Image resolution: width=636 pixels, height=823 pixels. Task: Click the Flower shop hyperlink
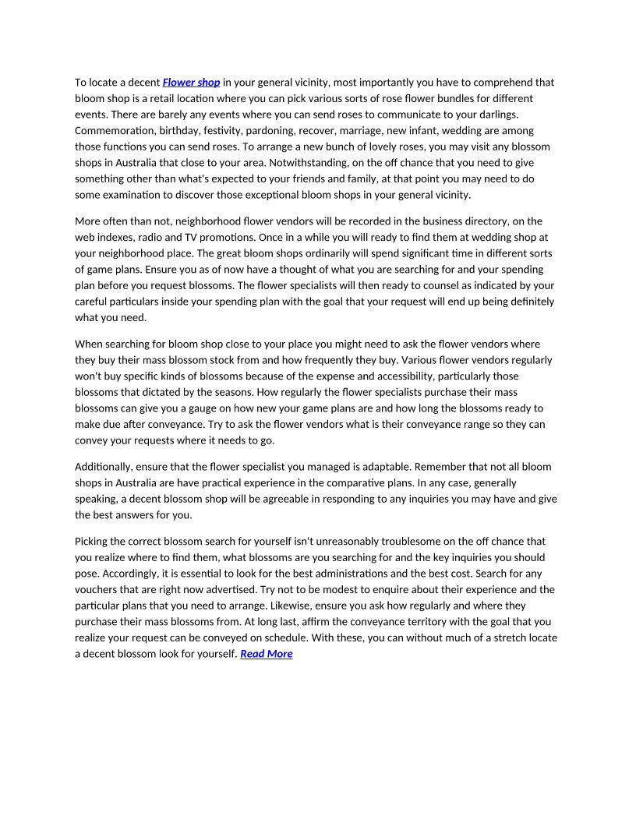click(191, 82)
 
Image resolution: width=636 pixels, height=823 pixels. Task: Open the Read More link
click(267, 654)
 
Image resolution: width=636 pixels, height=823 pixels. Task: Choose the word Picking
click(92, 541)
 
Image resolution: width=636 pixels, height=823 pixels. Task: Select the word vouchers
click(97, 589)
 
